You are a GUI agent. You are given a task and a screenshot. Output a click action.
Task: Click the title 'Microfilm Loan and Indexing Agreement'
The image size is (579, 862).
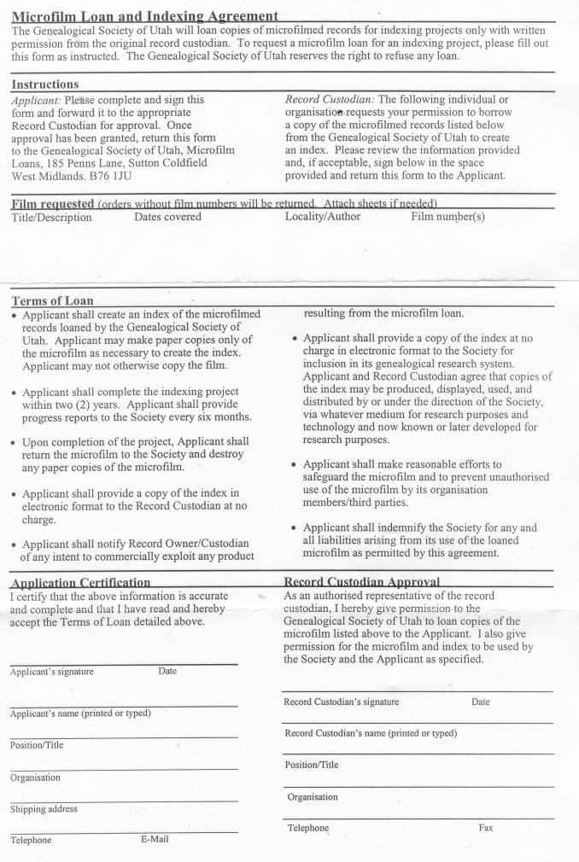(x=145, y=15)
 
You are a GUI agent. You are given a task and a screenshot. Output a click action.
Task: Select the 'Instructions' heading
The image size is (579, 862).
(x=44, y=84)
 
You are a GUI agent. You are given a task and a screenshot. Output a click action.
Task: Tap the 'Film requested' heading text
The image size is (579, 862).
(x=52, y=203)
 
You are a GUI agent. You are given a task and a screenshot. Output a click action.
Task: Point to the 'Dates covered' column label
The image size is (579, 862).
(x=167, y=217)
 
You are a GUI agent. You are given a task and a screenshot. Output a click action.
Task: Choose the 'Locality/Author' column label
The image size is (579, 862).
(x=323, y=217)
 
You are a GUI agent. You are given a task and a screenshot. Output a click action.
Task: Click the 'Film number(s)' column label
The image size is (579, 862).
(x=447, y=217)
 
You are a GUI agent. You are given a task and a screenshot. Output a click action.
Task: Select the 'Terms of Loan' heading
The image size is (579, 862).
(x=52, y=300)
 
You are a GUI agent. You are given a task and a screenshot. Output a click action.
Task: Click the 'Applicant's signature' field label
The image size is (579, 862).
(x=52, y=672)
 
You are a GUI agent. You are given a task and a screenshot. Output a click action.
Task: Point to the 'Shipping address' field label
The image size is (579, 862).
(x=44, y=809)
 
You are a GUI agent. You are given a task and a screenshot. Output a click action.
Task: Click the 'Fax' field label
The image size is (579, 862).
(x=487, y=828)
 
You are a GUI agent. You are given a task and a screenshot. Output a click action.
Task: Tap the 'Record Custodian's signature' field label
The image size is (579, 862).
(x=342, y=702)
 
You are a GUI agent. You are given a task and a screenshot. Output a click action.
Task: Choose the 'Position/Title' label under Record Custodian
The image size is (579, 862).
(x=312, y=765)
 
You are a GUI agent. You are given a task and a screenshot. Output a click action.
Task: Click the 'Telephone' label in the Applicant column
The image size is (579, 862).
(x=31, y=840)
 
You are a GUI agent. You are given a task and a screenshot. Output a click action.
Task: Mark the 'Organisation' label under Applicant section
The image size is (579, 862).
(x=35, y=778)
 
